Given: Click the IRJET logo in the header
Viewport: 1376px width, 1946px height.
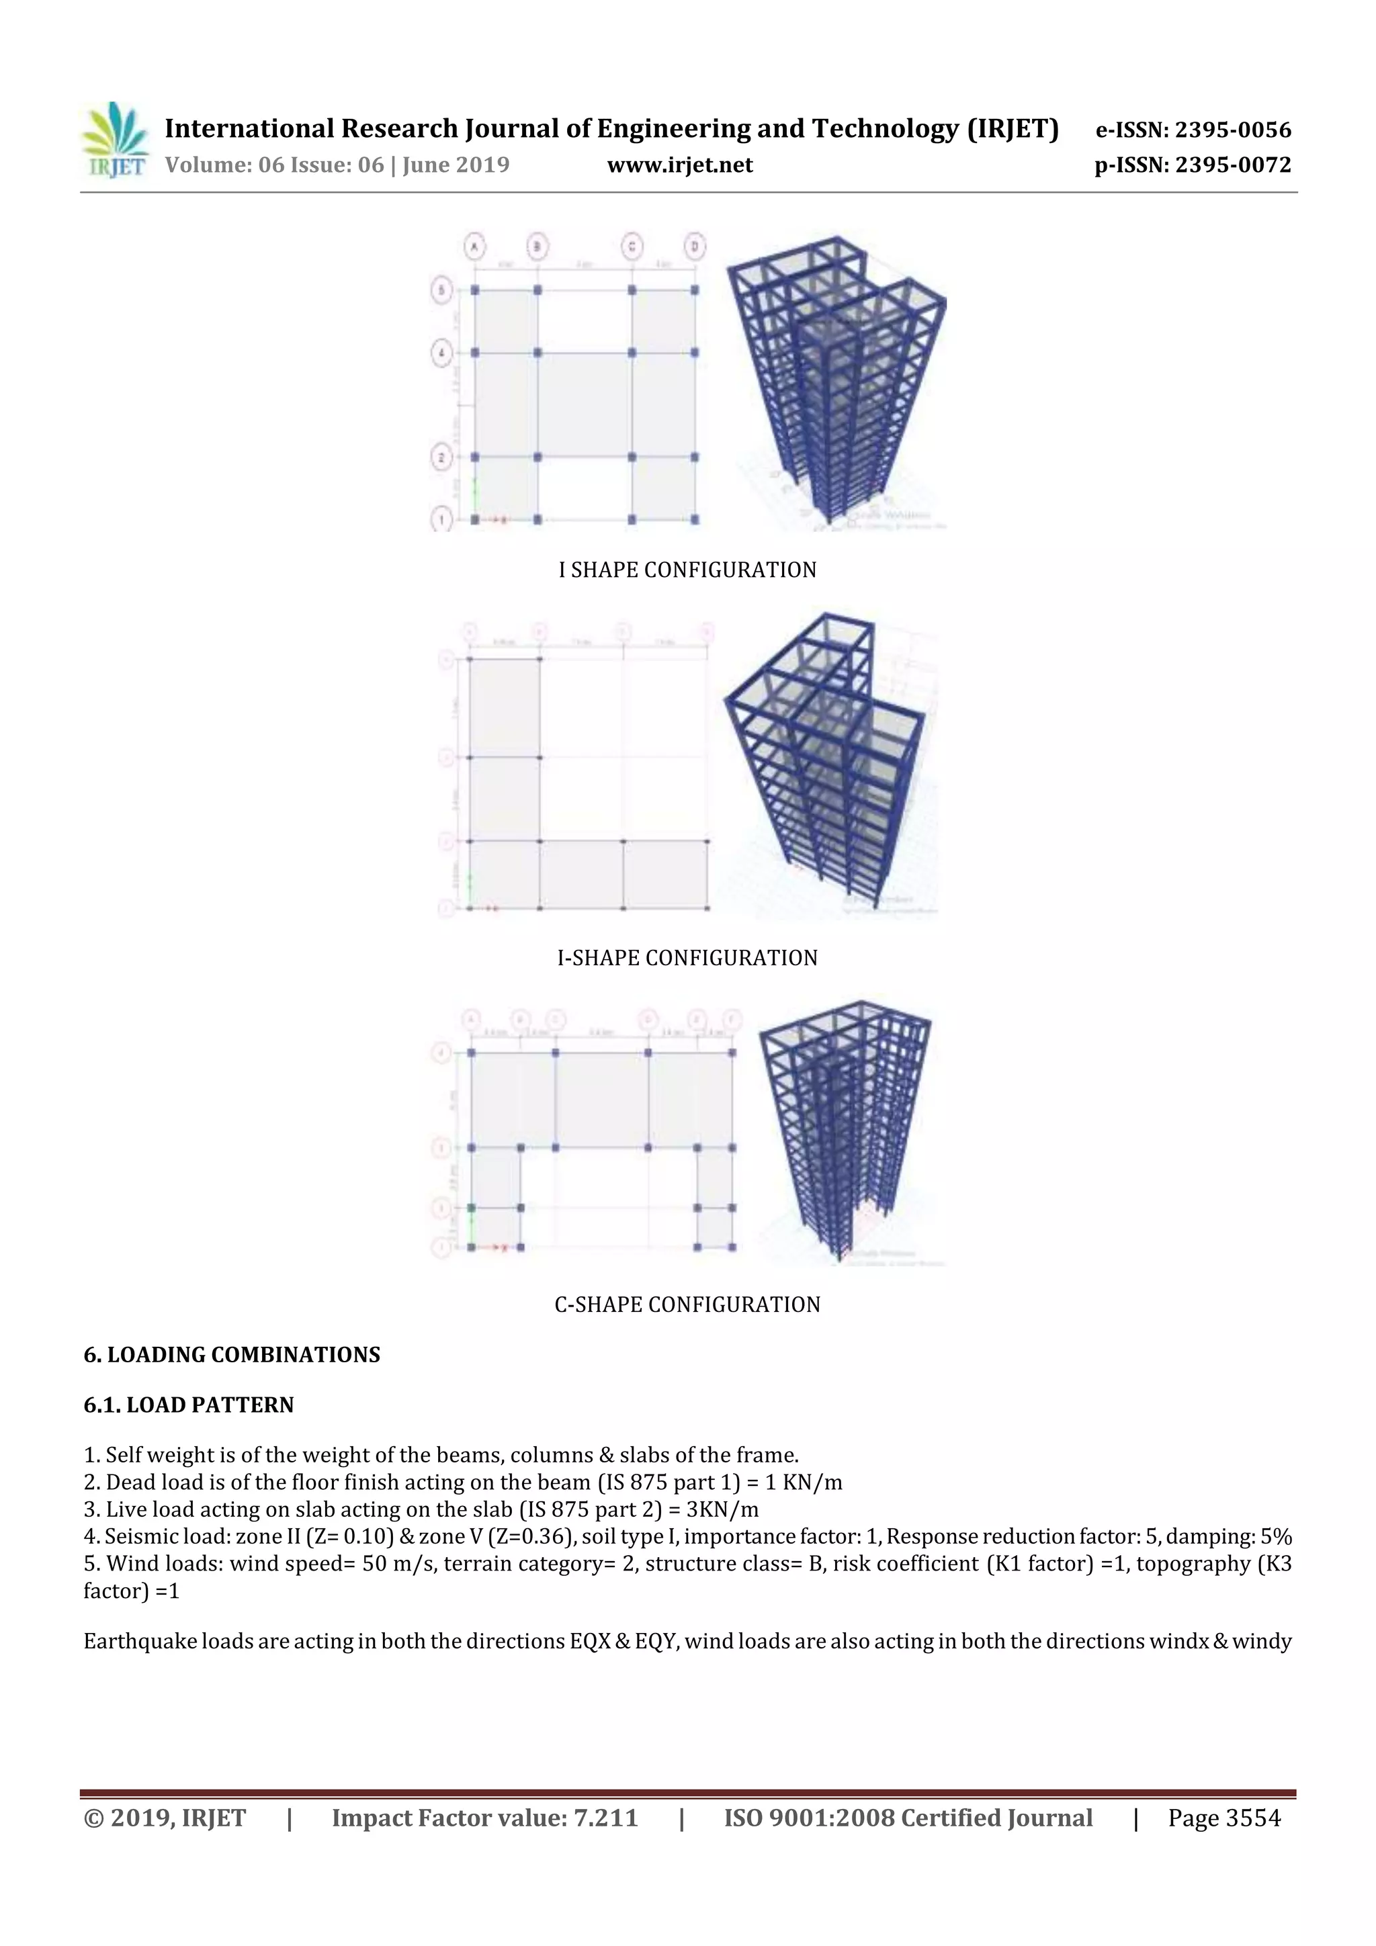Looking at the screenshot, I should pos(114,140).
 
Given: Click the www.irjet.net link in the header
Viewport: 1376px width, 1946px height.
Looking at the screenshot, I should pos(680,165).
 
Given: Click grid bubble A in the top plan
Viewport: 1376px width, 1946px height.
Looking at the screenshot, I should pos(475,247).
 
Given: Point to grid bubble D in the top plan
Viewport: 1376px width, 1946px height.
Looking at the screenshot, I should pos(694,247).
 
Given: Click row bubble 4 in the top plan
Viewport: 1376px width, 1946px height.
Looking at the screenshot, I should pos(441,353).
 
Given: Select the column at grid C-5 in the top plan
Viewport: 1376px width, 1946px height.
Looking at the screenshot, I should pos(632,290).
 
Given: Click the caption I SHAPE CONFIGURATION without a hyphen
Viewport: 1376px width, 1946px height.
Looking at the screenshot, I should pos(687,570).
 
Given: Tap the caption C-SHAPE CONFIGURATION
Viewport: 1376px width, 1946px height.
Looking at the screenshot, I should pos(687,1304).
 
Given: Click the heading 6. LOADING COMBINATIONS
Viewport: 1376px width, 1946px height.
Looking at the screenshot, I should pos(231,1354).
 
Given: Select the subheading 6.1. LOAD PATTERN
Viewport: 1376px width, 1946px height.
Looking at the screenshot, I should pos(188,1405).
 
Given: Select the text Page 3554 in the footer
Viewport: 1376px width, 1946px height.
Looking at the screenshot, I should pos(1223,1818).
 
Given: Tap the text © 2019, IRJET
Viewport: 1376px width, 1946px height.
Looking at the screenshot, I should pos(165,1818).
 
